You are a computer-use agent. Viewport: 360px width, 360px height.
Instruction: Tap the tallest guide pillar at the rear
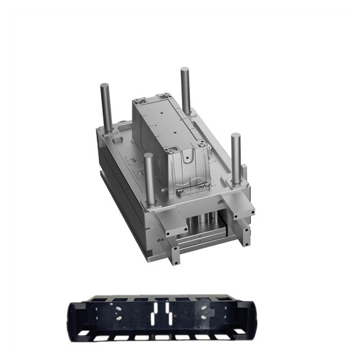coord(185,90)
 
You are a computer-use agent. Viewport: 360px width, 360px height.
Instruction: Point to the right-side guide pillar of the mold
coord(235,157)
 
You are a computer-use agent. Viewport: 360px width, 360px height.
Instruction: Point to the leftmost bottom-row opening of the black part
coord(84,333)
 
